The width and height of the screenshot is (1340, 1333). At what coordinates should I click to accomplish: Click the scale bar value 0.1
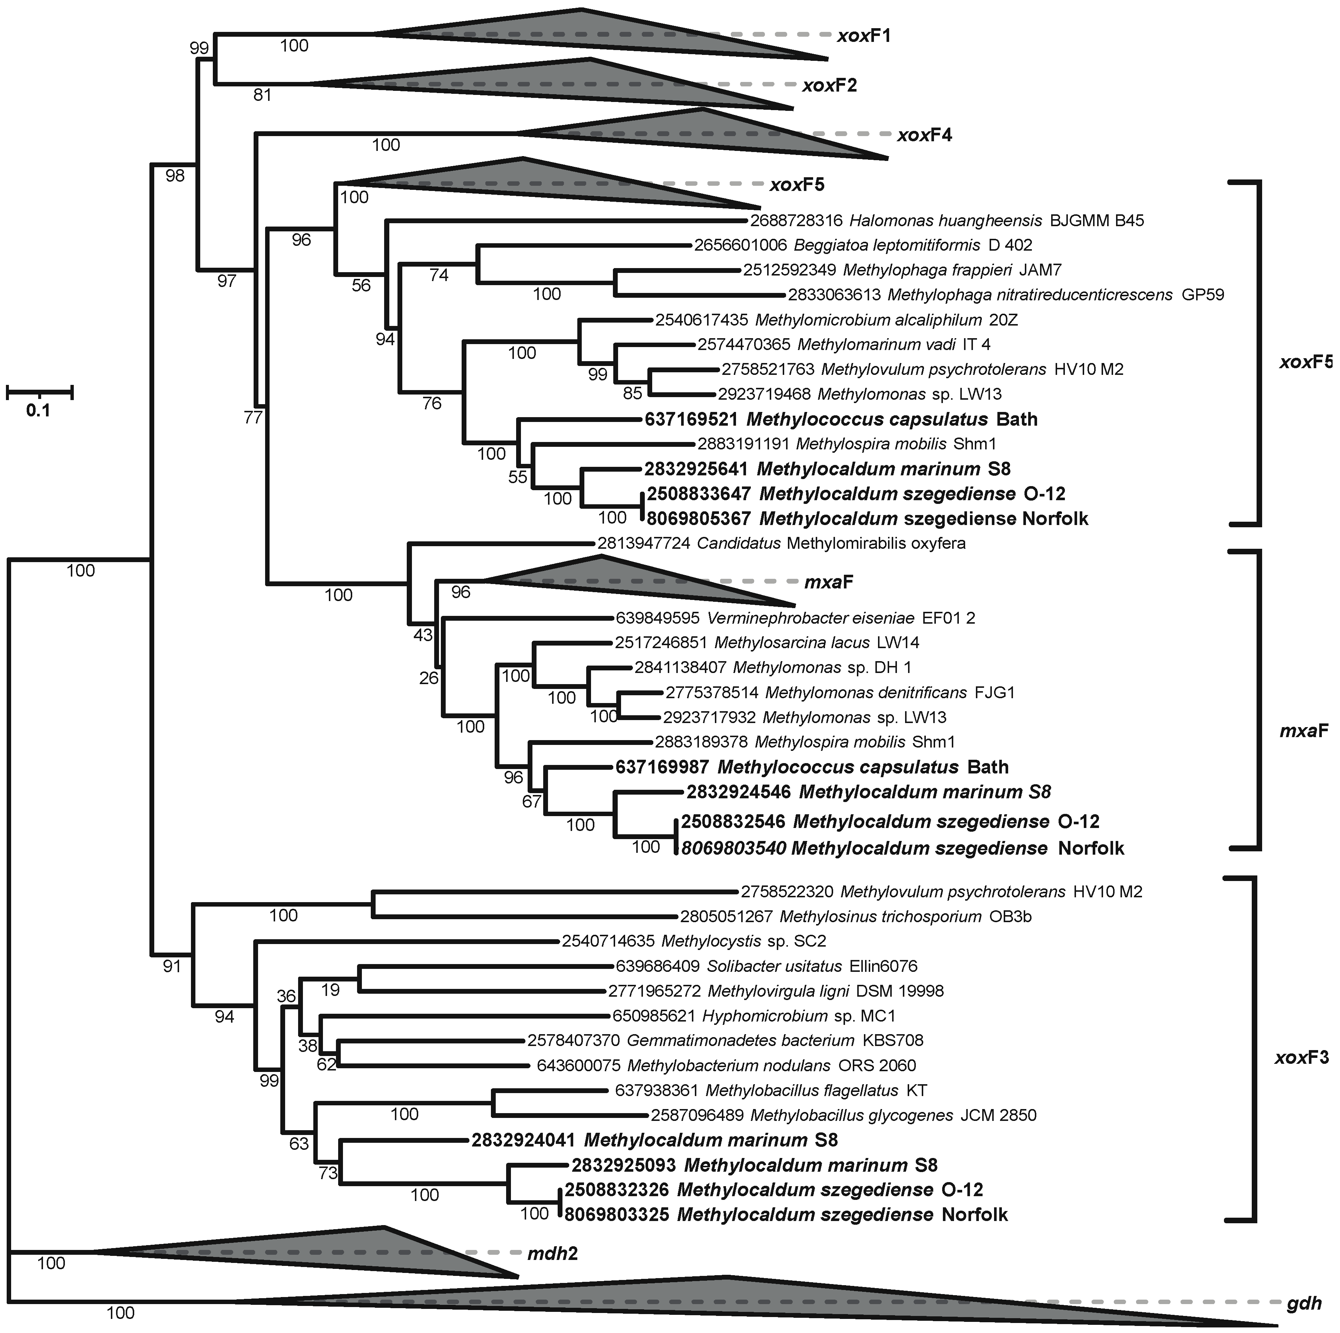point(38,410)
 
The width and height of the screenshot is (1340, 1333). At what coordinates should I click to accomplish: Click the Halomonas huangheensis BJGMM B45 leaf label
point(947,221)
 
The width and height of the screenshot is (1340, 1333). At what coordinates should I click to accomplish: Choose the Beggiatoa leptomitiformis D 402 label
point(863,245)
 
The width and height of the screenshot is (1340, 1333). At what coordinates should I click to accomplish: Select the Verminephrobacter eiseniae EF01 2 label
point(796,618)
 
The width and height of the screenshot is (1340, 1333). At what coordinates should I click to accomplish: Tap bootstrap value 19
point(331,990)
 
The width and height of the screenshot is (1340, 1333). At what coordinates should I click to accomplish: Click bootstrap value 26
point(429,677)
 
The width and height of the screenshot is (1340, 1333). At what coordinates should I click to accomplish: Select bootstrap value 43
point(422,634)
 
